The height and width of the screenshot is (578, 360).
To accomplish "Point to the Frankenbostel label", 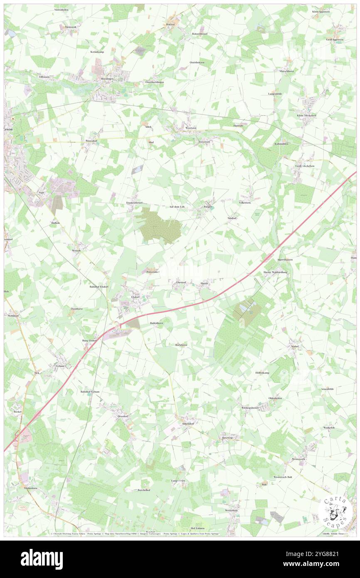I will click(x=134, y=203).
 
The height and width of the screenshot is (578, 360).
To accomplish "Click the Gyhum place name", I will click(x=60, y=366).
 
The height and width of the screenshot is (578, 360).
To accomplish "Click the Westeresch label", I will click(x=298, y=459).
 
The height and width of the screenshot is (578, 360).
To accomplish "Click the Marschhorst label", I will click(x=286, y=71).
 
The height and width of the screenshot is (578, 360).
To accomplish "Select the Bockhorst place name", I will click(x=181, y=345).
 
